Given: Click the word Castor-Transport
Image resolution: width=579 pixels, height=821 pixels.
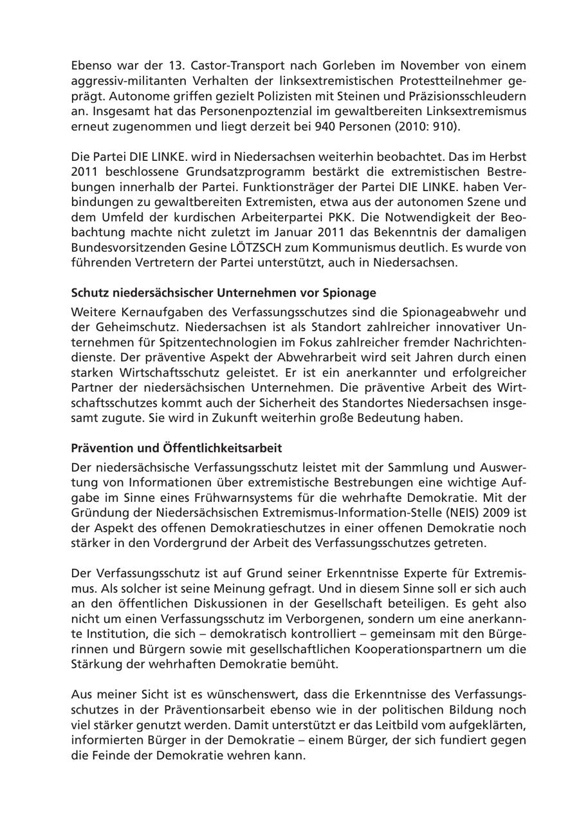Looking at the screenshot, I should (x=194, y=66).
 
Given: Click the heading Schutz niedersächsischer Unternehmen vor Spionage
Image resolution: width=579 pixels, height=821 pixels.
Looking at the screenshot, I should (x=223, y=293).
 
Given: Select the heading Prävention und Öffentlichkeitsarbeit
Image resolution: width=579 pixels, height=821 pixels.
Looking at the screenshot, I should (x=176, y=448).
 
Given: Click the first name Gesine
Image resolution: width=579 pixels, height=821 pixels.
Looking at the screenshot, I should (x=200, y=248).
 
